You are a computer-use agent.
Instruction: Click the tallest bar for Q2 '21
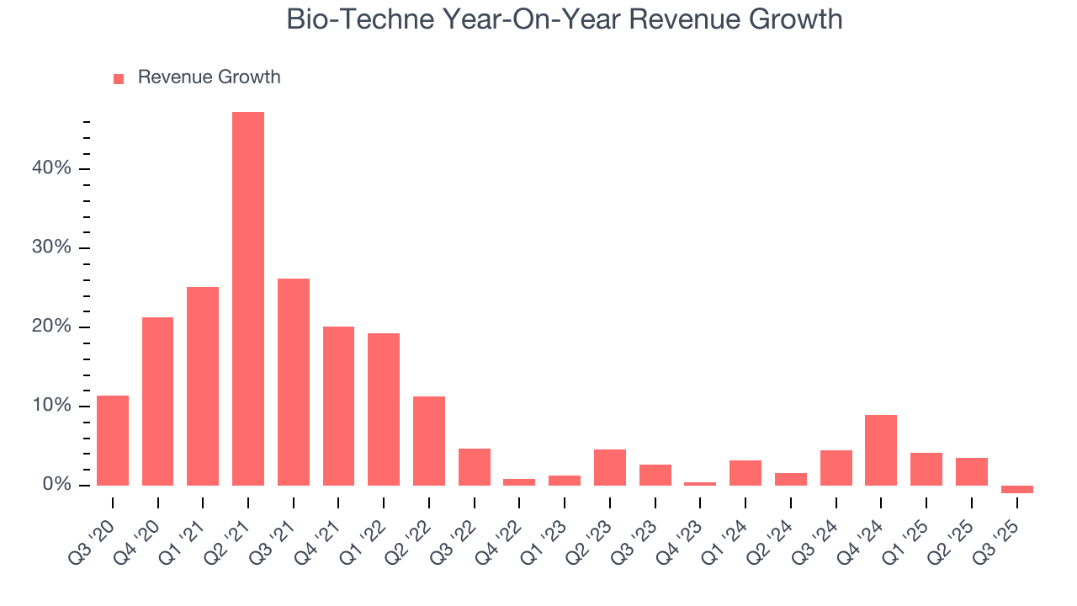coord(248,299)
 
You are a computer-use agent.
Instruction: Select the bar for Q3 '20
coord(113,440)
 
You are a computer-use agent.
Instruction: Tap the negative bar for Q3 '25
coord(1016,489)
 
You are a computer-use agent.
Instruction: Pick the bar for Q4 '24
coord(881,450)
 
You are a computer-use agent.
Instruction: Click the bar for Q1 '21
coord(203,386)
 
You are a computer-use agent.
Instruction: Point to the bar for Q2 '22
coord(429,441)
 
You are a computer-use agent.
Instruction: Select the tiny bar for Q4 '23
coord(700,484)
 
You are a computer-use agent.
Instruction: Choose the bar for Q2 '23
coord(609,467)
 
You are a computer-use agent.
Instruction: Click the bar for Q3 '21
coord(294,382)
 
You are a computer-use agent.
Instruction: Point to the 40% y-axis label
coord(51,168)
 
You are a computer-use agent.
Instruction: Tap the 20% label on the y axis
coord(51,327)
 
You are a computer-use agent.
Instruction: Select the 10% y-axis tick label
coord(51,406)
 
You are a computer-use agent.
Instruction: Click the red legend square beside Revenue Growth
coord(119,78)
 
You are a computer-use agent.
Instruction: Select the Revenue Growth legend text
coord(209,77)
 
